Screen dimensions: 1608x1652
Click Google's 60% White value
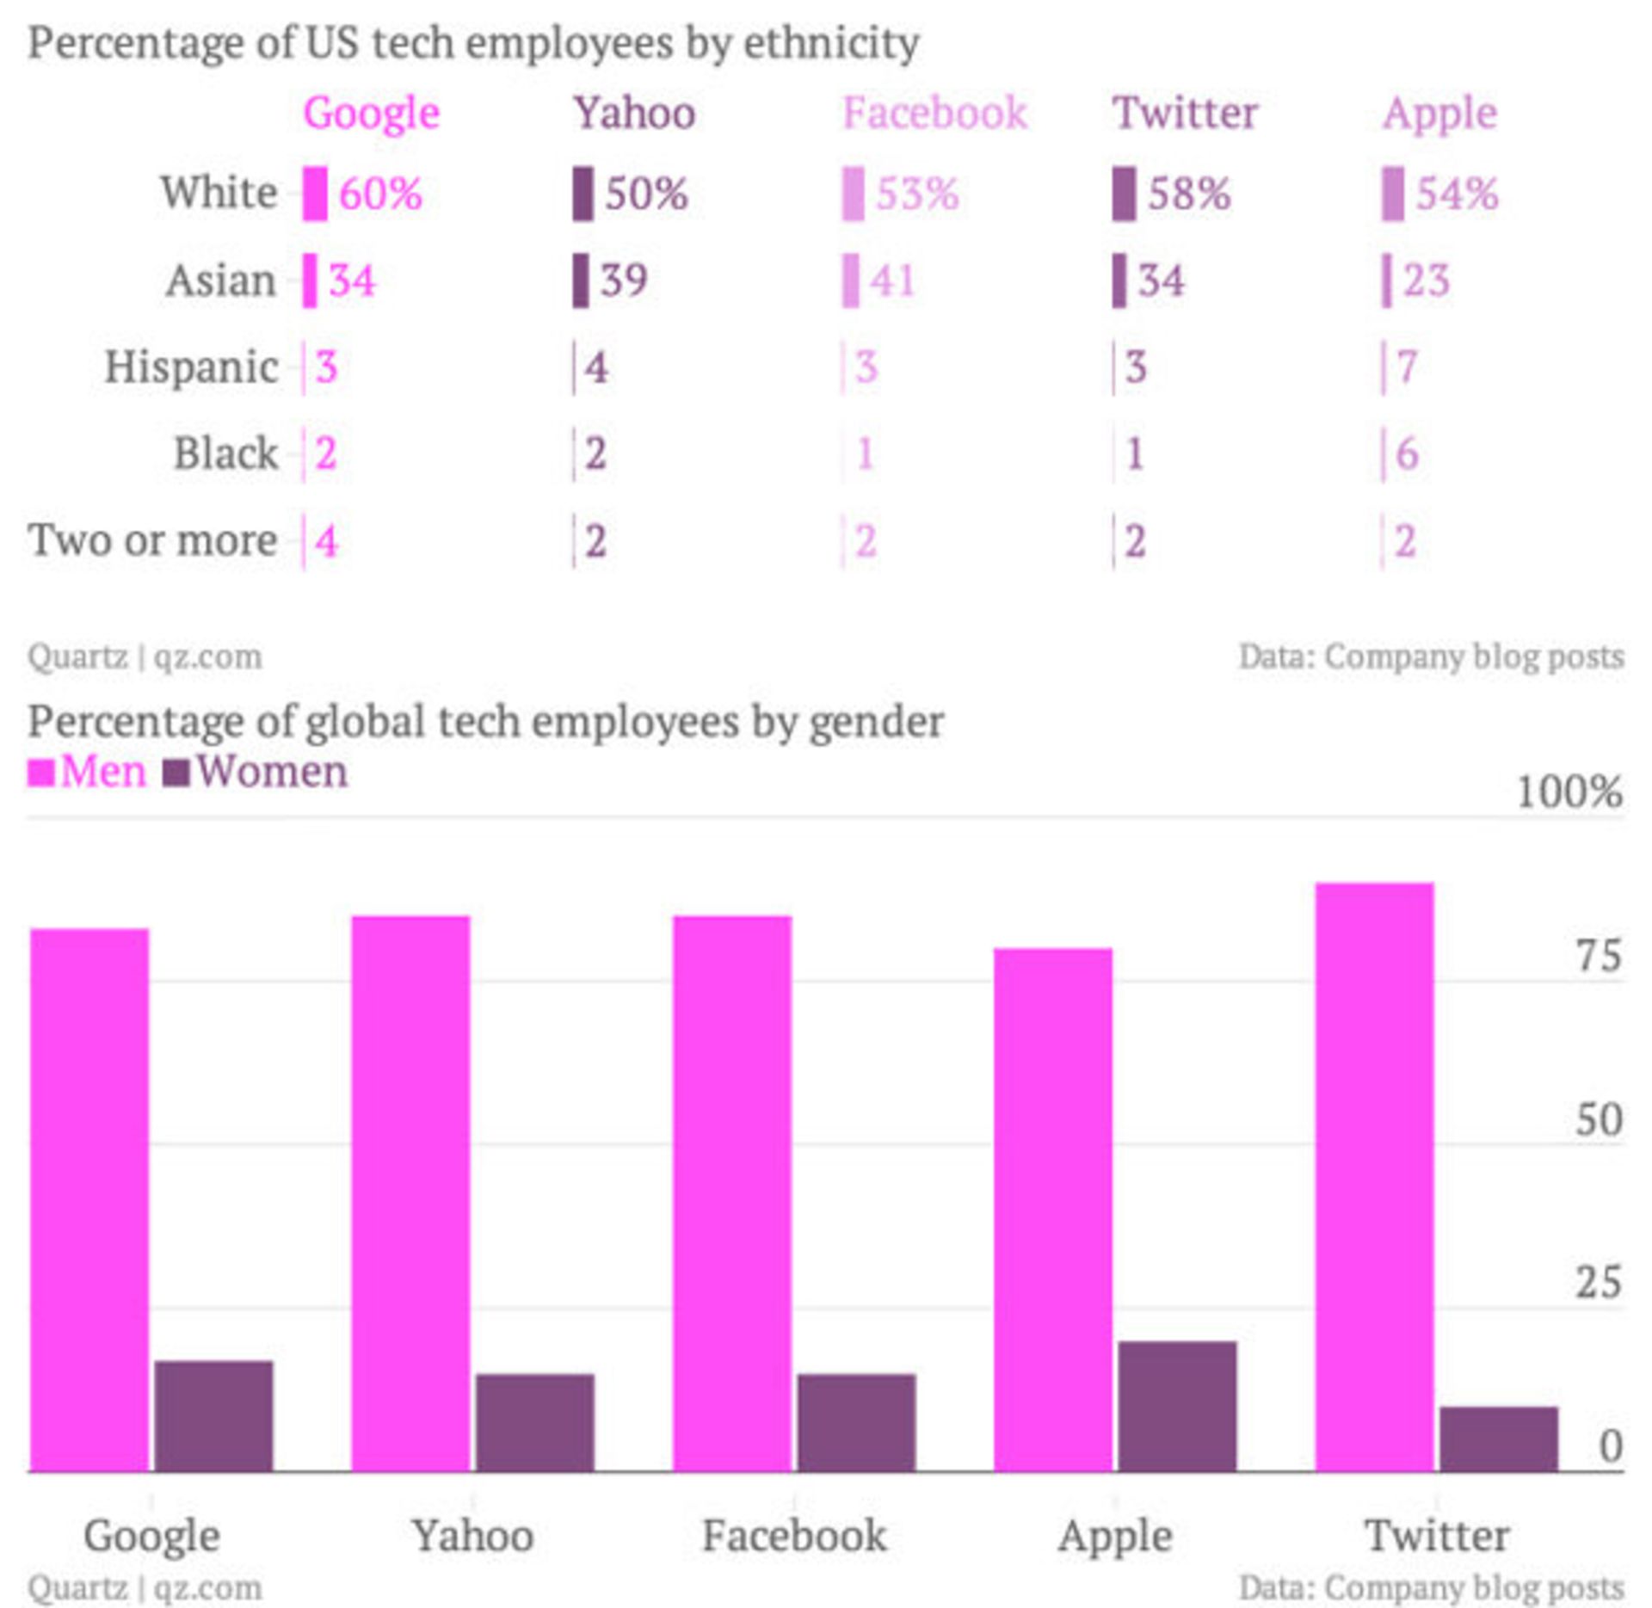click(380, 193)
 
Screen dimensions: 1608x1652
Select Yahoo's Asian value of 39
click(624, 280)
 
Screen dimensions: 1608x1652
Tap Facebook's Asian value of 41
click(892, 280)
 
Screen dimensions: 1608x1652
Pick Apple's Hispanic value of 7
click(1407, 367)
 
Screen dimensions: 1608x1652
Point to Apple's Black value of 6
click(1407, 453)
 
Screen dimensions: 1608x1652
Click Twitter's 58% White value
click(1189, 193)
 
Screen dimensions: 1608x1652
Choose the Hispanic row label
click(191, 367)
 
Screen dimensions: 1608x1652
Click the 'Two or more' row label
click(152, 540)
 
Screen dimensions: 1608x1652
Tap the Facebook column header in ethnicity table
click(934, 113)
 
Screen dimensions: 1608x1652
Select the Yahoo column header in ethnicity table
click(634, 113)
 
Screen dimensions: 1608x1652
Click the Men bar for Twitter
click(1374, 1179)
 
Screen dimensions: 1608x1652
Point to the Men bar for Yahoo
click(410, 1196)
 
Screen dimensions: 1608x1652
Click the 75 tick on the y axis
click(1598, 956)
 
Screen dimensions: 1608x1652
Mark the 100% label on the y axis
click(1569, 792)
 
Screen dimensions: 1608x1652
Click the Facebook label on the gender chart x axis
click(793, 1536)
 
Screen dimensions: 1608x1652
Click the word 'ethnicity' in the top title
click(831, 43)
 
